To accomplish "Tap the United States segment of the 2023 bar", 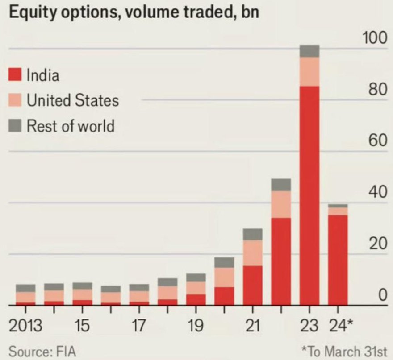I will pyautogui.click(x=309, y=72).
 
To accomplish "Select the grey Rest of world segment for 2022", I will pyautogui.click(x=281, y=185).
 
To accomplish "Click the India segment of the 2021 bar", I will pyautogui.click(x=252, y=286).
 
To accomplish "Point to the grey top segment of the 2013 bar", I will pyautogui.click(x=25, y=288).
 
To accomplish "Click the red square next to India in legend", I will pyautogui.click(x=16, y=74).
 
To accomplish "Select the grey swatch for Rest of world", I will pyautogui.click(x=16, y=126).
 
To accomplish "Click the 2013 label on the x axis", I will pyautogui.click(x=25, y=326).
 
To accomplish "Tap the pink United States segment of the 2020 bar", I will pyautogui.click(x=224, y=277).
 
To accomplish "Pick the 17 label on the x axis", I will pyautogui.click(x=138, y=326).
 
